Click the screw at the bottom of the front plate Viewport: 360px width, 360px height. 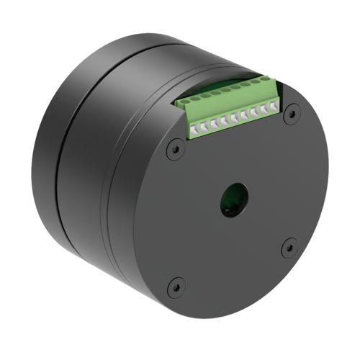173,287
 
